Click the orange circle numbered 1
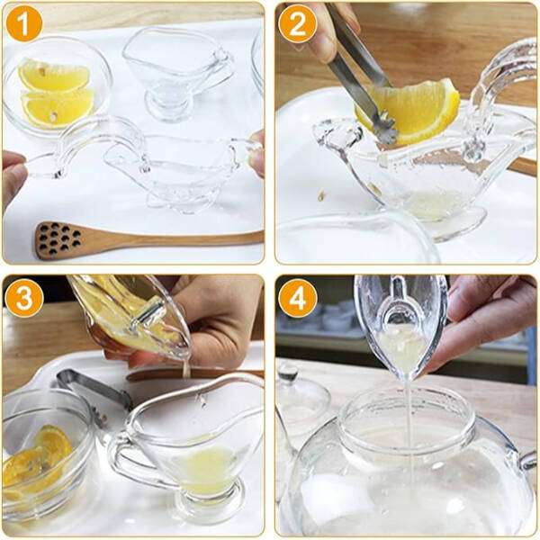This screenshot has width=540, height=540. tap(24, 24)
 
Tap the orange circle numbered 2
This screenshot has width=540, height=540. tap(296, 24)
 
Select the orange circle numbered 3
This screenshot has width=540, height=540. tap(24, 298)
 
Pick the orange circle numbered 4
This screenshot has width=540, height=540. tap(296, 298)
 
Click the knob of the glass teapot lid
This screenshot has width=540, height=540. tap(288, 371)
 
